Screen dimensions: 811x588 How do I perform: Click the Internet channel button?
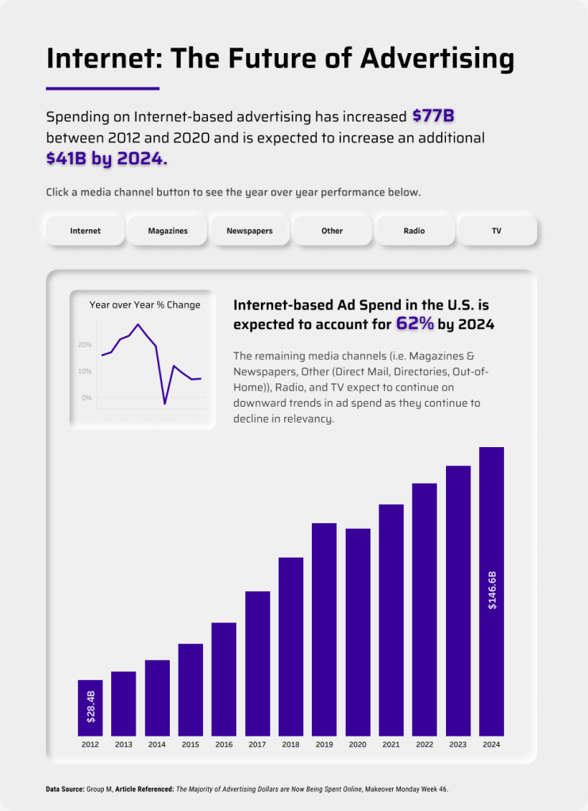click(x=86, y=231)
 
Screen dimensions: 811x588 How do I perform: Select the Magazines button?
click(x=168, y=231)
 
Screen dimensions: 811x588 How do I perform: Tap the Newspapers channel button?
click(x=250, y=231)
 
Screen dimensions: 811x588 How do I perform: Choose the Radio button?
click(x=414, y=231)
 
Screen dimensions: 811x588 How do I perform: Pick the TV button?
click(x=497, y=231)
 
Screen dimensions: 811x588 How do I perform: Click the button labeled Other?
click(x=332, y=231)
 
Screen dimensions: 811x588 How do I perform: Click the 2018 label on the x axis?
click(x=290, y=744)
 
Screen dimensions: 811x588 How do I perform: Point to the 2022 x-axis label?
click(x=425, y=744)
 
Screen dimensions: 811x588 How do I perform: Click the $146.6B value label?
click(x=492, y=590)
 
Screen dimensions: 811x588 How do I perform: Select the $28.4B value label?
click(x=90, y=706)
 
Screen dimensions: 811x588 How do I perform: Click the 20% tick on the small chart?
click(x=85, y=345)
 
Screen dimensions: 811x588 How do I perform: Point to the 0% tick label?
click(x=86, y=397)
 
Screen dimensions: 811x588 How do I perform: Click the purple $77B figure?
click(x=433, y=116)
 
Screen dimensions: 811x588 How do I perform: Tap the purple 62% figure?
click(x=414, y=323)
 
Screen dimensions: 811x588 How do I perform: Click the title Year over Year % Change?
click(x=145, y=304)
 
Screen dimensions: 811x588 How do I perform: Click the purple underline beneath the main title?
click(x=103, y=88)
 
